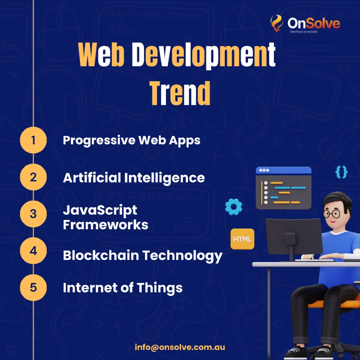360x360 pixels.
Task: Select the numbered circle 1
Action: tap(33, 140)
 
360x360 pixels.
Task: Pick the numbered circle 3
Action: tap(33, 214)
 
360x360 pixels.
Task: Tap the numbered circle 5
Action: tap(33, 287)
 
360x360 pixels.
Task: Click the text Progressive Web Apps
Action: tap(131, 140)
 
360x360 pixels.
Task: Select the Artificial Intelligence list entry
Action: tap(134, 177)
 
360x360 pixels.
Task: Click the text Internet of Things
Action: tap(122, 288)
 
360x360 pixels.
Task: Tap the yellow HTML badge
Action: tap(242, 239)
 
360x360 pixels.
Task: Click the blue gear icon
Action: tap(234, 207)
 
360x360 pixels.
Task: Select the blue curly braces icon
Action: tap(341, 172)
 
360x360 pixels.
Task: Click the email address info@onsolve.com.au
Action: tap(180, 347)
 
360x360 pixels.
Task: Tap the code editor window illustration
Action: tap(283, 188)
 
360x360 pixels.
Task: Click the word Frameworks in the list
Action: tap(105, 225)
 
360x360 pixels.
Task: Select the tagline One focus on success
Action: tap(303, 32)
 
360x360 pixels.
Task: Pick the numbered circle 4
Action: tap(33, 251)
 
